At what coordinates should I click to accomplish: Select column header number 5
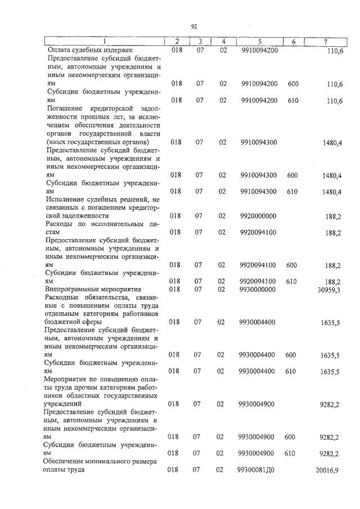click(259, 42)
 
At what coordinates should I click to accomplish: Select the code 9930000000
click(258, 289)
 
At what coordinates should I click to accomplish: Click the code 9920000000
click(258, 215)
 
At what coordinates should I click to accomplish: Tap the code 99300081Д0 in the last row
click(258, 469)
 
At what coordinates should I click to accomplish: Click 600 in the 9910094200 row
click(292, 84)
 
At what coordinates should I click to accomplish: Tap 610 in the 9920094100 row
click(291, 281)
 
